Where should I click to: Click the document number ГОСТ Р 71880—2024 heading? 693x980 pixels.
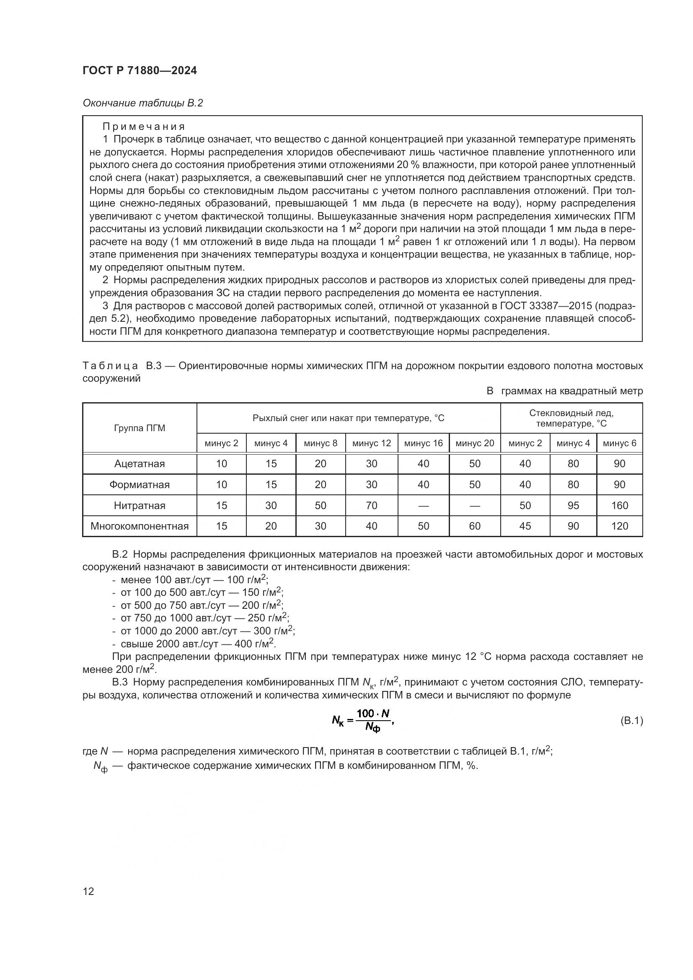(140, 70)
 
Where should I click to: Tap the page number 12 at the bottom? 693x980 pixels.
(88, 891)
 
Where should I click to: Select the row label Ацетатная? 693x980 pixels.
(139, 464)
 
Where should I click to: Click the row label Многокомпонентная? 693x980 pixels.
(139, 526)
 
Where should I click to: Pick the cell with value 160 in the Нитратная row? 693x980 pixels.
(619, 506)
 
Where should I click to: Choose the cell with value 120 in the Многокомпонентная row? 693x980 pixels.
(619, 526)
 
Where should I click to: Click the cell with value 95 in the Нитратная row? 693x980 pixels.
(573, 506)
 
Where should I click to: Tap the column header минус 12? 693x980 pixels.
(371, 443)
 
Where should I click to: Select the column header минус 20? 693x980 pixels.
(475, 443)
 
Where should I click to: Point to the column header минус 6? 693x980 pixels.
(619, 443)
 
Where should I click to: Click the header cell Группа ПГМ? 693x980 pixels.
(139, 428)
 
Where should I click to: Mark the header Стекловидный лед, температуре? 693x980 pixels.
(571, 418)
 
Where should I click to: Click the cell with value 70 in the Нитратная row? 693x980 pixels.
(371, 506)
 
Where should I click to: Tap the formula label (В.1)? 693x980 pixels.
(631, 721)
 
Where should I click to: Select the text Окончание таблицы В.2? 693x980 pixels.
(142, 103)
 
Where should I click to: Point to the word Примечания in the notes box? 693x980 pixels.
(144, 127)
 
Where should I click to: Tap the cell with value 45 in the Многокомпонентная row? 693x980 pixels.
(525, 526)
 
